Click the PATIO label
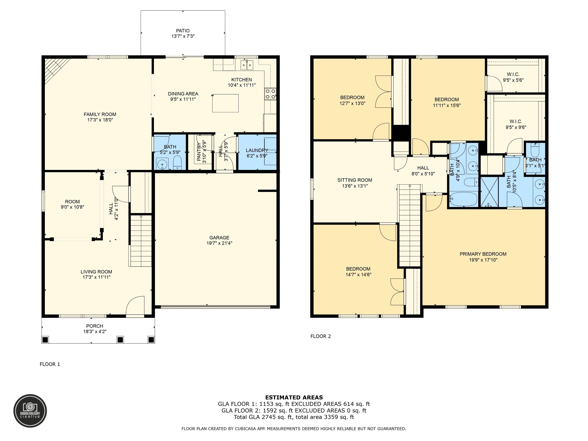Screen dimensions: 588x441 pyautogui.click(x=183, y=31)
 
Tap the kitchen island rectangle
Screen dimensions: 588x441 pyautogui.click(x=225, y=103)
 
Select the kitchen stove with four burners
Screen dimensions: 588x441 pyautogui.click(x=270, y=94)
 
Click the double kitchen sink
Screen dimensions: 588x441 pyautogui.click(x=247, y=65)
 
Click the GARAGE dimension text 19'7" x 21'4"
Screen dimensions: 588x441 pyautogui.click(x=219, y=243)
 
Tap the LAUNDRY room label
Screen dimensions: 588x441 pyautogui.click(x=257, y=150)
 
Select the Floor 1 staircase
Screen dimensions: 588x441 pyautogui.click(x=140, y=241)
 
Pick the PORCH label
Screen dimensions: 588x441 pyautogui.click(x=95, y=326)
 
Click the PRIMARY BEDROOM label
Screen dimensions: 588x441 pyautogui.click(x=483, y=254)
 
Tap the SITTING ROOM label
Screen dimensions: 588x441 pyautogui.click(x=355, y=180)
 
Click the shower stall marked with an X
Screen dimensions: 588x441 pyautogui.click(x=489, y=192)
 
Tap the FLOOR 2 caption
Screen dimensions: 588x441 pyautogui.click(x=321, y=336)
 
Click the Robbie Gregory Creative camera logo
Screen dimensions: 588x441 pyautogui.click(x=30, y=411)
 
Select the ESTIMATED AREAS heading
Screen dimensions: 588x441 pyautogui.click(x=294, y=397)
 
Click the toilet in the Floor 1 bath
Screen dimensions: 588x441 pyautogui.click(x=177, y=163)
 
